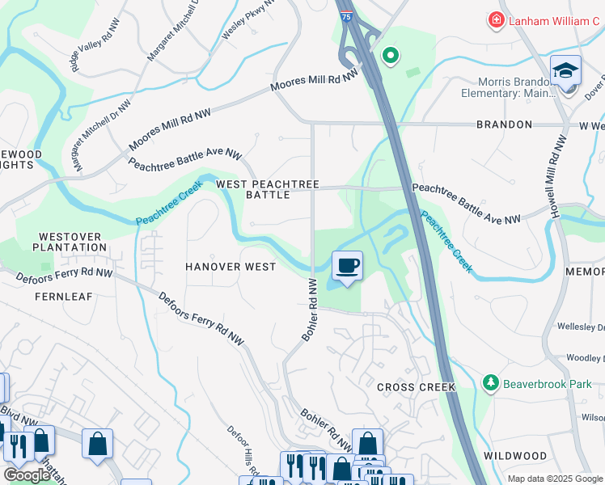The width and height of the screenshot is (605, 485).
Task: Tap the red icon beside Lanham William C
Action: [495, 19]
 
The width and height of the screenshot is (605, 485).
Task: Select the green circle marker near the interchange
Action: [391, 56]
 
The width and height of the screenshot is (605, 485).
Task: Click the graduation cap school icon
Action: [565, 70]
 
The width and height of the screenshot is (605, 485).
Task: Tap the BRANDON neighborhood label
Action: [504, 124]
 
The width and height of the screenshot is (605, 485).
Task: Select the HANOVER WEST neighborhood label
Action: [231, 267]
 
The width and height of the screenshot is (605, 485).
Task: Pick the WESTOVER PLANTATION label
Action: [70, 242]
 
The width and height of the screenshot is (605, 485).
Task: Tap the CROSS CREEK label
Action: [416, 387]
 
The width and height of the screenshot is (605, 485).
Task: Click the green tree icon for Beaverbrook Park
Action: [489, 382]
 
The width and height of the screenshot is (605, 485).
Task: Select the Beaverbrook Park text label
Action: [548, 382]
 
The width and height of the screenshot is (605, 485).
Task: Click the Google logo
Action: [26, 475]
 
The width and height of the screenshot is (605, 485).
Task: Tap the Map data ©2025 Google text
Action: [555, 479]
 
